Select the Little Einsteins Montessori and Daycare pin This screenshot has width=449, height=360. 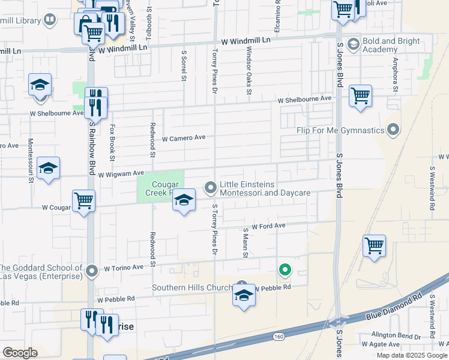211,188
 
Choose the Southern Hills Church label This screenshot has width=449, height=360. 191,287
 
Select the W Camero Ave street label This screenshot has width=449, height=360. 184,138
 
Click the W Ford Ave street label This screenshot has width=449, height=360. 268,226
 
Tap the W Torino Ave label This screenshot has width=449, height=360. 124,268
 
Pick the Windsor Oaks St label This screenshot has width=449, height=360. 248,71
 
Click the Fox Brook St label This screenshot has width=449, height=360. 112,142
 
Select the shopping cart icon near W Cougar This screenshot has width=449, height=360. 83,200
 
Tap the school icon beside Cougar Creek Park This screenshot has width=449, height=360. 184,200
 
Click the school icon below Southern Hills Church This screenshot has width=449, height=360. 243,295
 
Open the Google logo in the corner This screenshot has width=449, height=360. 20,353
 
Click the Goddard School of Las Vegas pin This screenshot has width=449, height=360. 91,272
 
